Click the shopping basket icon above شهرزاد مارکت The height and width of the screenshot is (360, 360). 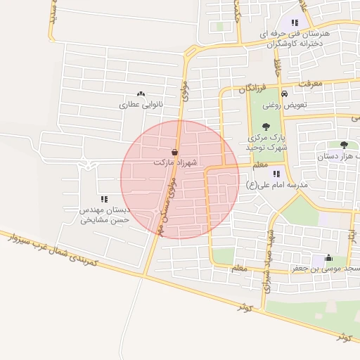[174, 152]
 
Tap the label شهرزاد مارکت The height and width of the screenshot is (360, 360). [174, 162]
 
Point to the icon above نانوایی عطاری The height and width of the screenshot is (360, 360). [141, 94]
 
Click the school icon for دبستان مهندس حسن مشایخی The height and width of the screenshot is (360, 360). [105, 200]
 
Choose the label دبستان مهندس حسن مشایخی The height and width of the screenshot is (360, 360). [104, 214]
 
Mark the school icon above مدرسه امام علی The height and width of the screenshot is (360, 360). [276, 173]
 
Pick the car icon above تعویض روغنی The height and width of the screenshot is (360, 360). [283, 94]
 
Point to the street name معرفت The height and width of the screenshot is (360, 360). [309, 84]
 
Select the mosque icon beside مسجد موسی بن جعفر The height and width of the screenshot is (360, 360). [328, 257]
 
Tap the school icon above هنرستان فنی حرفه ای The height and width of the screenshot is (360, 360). [295, 22]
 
